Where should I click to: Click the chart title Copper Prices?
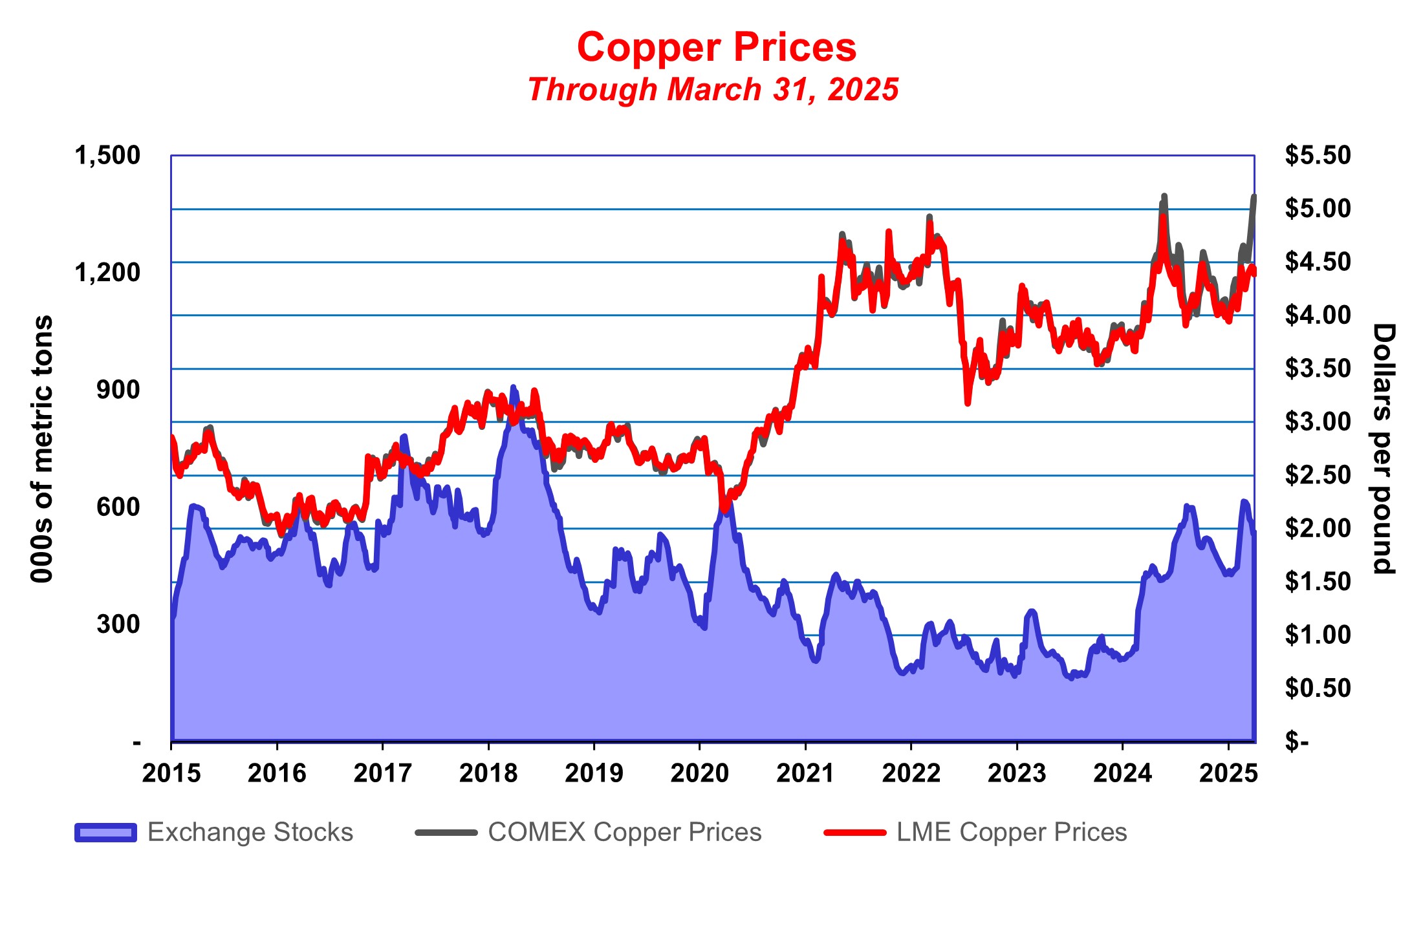tap(717, 48)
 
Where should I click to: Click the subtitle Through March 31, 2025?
tap(713, 90)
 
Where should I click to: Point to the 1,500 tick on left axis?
tap(107, 156)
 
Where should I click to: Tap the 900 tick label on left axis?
tap(118, 390)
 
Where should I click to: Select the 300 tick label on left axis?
tap(118, 624)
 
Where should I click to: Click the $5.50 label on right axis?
tap(1318, 156)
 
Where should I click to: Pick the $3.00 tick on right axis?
tap(1318, 422)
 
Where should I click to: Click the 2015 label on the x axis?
tap(171, 773)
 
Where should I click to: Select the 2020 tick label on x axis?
tap(699, 773)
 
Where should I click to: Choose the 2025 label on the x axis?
tap(1228, 773)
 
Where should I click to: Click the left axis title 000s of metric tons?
tap(42, 449)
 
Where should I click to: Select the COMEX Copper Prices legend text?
tap(624, 833)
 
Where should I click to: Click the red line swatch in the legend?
tap(854, 833)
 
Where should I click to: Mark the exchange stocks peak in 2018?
tap(514, 388)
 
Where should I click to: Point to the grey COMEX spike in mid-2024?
tap(1164, 196)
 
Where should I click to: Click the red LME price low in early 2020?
tap(724, 510)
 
